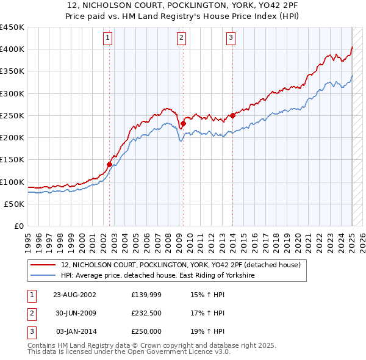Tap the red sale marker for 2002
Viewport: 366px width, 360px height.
tap(110, 164)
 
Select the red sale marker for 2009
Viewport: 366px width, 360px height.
tap(183, 123)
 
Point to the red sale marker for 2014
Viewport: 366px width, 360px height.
tap(232, 115)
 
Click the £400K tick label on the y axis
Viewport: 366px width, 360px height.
tap(12, 49)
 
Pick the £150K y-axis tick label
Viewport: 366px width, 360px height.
tap(12, 160)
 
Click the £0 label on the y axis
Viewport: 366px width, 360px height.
tap(18, 226)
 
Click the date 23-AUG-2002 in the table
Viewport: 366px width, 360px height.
tap(74, 295)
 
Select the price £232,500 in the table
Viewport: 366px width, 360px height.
tap(146, 314)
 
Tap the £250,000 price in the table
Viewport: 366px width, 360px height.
tap(146, 332)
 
